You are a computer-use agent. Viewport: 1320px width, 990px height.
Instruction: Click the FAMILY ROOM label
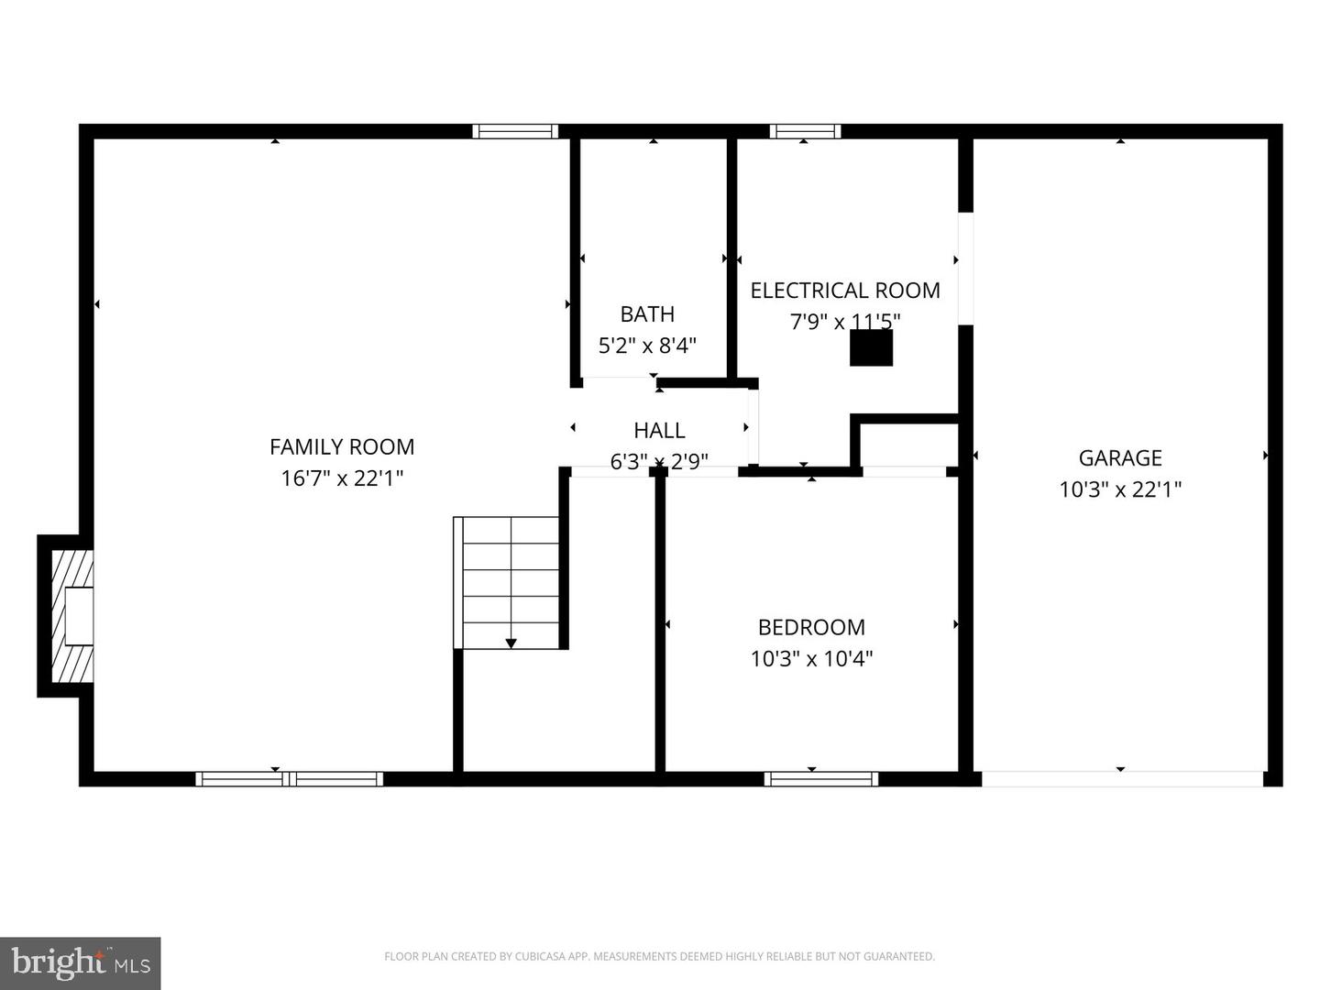[342, 446]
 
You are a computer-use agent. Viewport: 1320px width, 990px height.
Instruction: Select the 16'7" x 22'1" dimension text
[342, 478]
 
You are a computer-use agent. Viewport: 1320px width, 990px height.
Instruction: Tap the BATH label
[647, 313]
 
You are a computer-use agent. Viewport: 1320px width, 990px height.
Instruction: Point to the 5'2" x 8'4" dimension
[647, 346]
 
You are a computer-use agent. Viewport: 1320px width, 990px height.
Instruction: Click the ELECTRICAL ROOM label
[845, 291]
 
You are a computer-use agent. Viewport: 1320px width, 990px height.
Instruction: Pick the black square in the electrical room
[871, 347]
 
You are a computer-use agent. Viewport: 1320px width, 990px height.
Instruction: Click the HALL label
[659, 430]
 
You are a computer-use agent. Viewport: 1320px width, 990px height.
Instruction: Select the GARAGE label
[1120, 457]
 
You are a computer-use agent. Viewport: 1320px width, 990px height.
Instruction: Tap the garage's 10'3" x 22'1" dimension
[1120, 489]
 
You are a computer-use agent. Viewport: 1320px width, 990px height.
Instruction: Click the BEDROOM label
[811, 627]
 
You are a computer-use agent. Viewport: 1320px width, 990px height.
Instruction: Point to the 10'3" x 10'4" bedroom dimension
[811, 658]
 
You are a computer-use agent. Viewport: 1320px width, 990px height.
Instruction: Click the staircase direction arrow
[511, 643]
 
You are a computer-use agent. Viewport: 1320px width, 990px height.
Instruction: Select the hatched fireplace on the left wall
[71, 616]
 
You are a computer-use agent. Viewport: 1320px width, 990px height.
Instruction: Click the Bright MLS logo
[80, 962]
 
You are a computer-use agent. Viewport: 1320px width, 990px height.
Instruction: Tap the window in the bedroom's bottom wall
[821, 779]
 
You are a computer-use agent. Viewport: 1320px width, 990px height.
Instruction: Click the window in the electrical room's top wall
[805, 131]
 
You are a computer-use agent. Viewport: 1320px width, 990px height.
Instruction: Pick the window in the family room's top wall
[515, 131]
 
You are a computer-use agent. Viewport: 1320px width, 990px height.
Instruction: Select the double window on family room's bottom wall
[290, 779]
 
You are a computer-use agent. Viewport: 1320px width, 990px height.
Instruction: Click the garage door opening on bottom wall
[1122, 779]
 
